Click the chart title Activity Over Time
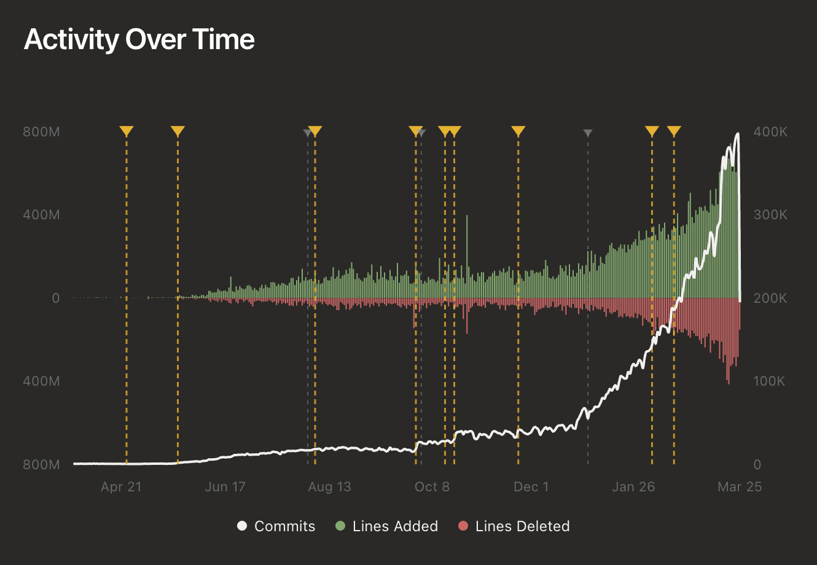coord(139,40)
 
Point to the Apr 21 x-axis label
coord(121,487)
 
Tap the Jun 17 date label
coord(225,487)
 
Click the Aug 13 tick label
coord(329,487)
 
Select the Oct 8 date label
coord(432,487)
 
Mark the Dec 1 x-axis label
coord(531,487)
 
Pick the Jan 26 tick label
coord(633,487)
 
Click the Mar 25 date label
coord(740,487)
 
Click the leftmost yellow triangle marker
coord(126,131)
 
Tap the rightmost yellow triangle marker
coord(674,131)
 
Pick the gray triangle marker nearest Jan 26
coord(588,133)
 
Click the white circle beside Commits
coord(242,526)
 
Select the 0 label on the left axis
coord(56,298)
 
